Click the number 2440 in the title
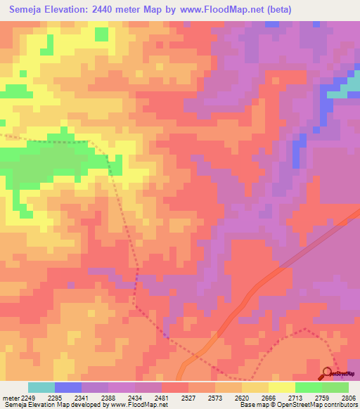pos(104,10)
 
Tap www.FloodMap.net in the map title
pos(218,10)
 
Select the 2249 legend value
pos(22,398)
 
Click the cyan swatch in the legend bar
pos(41,387)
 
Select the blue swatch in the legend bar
pos(67,387)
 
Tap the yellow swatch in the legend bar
pos(281,387)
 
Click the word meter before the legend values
pos(8,398)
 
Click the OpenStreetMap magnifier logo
pos(328,374)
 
